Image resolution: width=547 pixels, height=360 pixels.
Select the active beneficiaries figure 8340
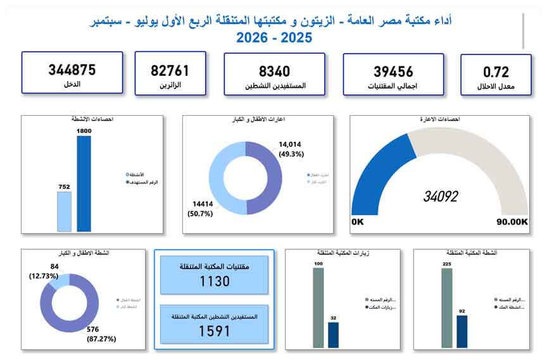point(275,71)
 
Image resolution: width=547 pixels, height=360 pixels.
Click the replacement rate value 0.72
point(496,72)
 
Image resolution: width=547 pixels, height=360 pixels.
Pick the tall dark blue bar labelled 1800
point(84,183)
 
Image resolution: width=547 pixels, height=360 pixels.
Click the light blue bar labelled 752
point(65,211)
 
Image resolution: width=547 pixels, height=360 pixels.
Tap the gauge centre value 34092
point(440,197)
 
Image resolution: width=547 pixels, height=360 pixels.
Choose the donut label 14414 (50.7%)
point(202,209)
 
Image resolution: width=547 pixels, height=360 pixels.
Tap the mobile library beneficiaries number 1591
point(214,330)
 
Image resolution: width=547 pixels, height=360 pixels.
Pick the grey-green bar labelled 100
point(318,307)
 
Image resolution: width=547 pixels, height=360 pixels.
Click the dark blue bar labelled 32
point(333,334)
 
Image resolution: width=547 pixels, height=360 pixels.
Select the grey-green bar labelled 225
point(447,307)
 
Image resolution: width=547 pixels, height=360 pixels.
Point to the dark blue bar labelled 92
point(462,331)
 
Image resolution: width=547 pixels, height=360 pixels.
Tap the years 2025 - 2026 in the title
point(274,37)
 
